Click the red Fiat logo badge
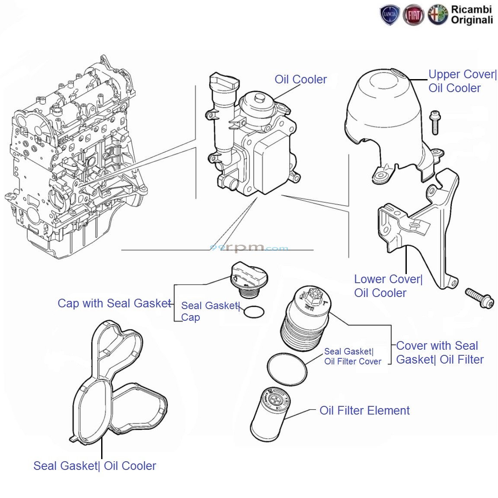pyautogui.click(x=414, y=16)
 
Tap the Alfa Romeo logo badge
pyautogui.click(x=438, y=16)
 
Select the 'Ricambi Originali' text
pyautogui.click(x=472, y=15)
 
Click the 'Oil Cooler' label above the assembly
pyautogui.click(x=300, y=80)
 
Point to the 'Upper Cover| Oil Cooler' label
pyautogui.click(x=462, y=81)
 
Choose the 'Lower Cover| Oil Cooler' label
pyautogui.click(x=388, y=286)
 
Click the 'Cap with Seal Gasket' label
pyautogui.click(x=115, y=303)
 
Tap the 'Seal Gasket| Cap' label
pyautogui.click(x=210, y=311)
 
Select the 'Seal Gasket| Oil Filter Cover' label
pyautogui.click(x=352, y=357)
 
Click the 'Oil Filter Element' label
pyautogui.click(x=364, y=411)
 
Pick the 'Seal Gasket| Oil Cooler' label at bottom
pyautogui.click(x=95, y=466)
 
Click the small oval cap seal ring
pyautogui.click(x=254, y=312)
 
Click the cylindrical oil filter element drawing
pyautogui.click(x=270, y=414)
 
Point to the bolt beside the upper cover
pyautogui.click(x=435, y=122)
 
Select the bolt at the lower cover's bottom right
pyautogui.click(x=479, y=298)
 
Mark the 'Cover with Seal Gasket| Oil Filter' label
pyautogui.click(x=439, y=353)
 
